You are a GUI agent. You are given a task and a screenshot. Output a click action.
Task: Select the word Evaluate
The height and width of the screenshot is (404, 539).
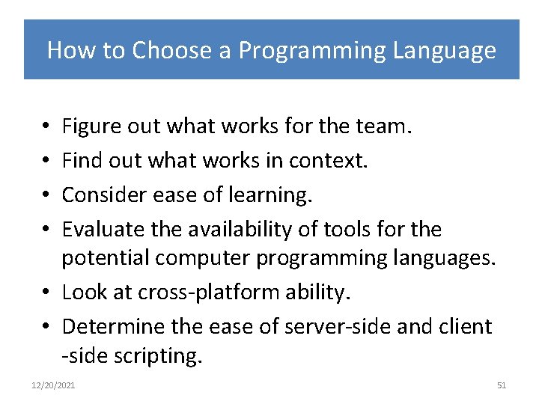pyautogui.click(x=98, y=228)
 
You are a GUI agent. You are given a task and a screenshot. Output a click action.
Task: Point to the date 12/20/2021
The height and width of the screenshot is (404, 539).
pyautogui.click(x=53, y=385)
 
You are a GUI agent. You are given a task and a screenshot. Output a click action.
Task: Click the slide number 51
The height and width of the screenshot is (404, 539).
pyautogui.click(x=502, y=385)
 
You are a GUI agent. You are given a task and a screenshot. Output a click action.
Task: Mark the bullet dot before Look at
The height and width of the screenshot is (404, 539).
pyautogui.click(x=47, y=293)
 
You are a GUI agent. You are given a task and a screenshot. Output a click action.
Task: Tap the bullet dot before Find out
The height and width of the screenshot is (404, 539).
pyautogui.click(x=47, y=161)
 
